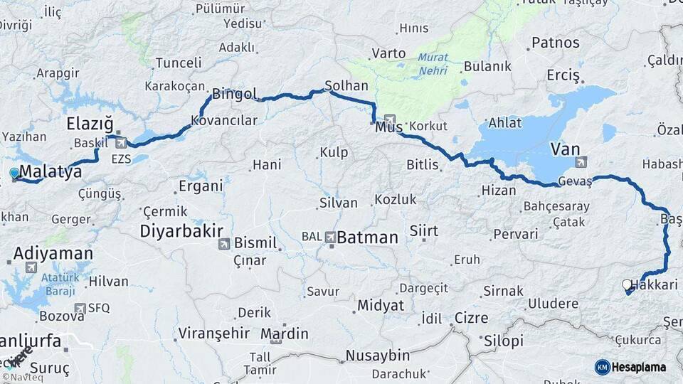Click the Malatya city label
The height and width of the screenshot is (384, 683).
51,172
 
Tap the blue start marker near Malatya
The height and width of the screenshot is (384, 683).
14,173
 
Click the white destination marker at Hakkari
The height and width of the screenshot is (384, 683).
627,284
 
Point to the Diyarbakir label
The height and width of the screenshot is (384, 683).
181,230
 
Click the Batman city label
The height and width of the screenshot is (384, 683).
367,238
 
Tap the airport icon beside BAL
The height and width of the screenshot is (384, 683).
330,237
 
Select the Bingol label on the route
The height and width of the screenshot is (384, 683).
234,92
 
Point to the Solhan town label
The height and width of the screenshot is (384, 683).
346,85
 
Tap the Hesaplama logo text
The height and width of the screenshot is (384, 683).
638,367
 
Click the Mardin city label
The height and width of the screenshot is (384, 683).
284,334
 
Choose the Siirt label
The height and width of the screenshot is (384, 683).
424,231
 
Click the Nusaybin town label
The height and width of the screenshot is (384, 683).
378,355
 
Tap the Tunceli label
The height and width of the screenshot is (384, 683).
179,63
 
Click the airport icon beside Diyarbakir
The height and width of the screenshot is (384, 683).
223,245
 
